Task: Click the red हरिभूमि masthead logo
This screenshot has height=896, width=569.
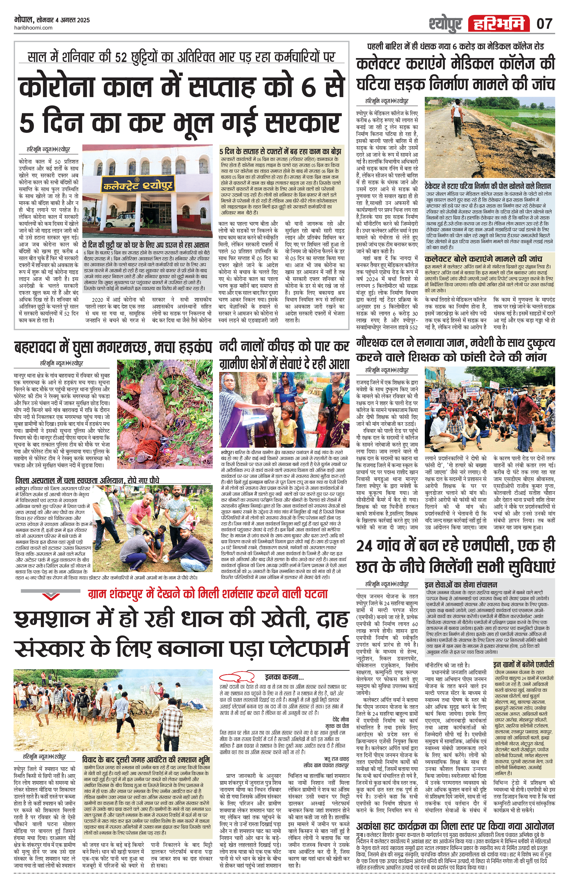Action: (499, 24)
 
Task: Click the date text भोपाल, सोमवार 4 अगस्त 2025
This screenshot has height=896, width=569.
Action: (52, 20)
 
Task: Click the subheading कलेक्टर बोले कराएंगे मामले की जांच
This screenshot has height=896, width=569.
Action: (483, 258)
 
